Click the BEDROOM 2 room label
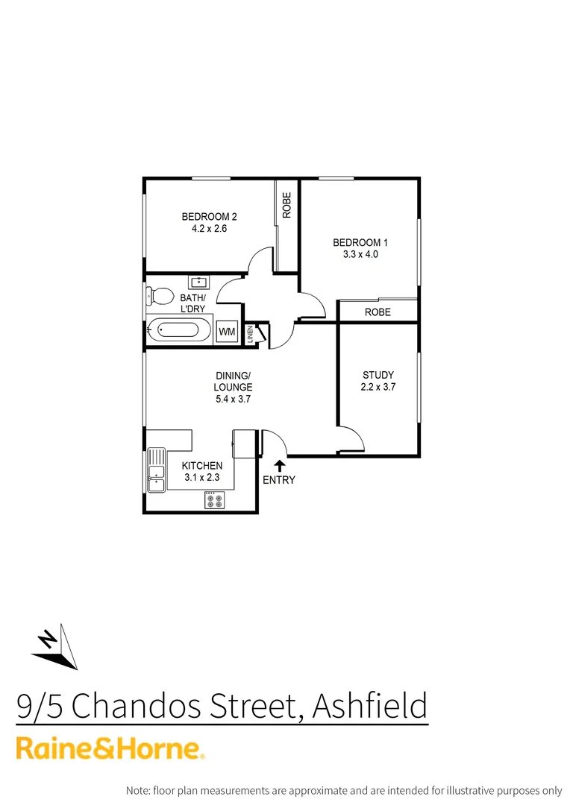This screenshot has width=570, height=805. click(209, 217)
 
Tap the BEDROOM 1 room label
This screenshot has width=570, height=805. click(360, 242)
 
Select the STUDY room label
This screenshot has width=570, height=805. click(378, 375)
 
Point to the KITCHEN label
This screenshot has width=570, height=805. click(202, 466)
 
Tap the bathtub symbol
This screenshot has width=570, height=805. click(179, 329)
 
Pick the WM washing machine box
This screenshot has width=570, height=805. click(227, 331)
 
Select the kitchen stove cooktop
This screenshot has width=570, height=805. click(215, 500)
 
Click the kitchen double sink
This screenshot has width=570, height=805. click(157, 470)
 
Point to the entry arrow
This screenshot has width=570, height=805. click(279, 465)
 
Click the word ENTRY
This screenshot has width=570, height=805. click(279, 480)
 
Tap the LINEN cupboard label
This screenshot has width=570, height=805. click(251, 335)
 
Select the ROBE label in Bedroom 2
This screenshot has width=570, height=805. click(286, 206)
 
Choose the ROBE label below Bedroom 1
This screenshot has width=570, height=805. click(378, 312)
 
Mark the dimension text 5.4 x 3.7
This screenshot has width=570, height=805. click(233, 399)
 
